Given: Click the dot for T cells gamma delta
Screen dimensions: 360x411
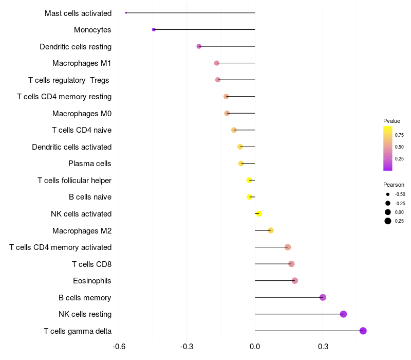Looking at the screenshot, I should tap(363, 331).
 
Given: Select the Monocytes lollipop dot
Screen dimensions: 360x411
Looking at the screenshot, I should tap(154, 30).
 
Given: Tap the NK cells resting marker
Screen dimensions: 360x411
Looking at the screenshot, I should tap(343, 314).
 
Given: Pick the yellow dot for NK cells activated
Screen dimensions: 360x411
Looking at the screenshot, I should tap(259, 214).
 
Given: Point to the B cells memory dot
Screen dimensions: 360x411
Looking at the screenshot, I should tap(323, 297).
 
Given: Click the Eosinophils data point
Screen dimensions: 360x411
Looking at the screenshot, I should tap(295, 281).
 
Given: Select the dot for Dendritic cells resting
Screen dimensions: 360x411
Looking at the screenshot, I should tap(199, 46).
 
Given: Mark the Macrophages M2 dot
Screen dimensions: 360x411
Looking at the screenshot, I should tap(271, 230).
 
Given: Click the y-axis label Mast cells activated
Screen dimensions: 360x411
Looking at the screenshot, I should tap(78, 13).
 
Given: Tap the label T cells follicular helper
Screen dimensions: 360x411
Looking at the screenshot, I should tap(74, 181).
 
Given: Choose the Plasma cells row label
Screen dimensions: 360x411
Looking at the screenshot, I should tap(90, 164).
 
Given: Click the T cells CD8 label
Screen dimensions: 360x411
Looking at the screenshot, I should tap(92, 264).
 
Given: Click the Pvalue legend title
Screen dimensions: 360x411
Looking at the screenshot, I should tap(391, 121).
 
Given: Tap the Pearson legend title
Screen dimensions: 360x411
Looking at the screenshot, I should tap(394, 185).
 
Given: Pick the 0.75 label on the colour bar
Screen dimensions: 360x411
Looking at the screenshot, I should tap(399, 135).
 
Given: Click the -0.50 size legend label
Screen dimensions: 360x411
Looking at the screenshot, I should tap(400, 194).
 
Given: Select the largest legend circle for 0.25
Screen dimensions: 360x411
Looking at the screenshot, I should tap(388, 221).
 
